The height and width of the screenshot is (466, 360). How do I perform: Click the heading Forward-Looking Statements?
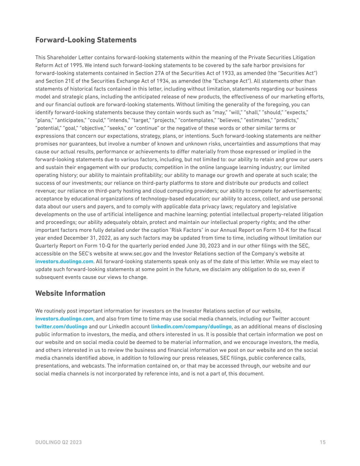pyautogui.click(x=86, y=40)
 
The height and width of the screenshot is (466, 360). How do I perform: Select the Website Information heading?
pyautogui.click(x=70, y=293)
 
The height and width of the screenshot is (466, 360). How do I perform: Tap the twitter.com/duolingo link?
pyautogui.click(x=61, y=326)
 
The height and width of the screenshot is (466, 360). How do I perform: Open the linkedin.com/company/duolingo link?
pyautogui.click(x=191, y=326)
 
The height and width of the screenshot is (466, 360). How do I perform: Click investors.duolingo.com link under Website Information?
pyautogui.click(x=64, y=319)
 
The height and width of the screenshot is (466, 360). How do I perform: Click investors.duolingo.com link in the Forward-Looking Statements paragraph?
pyautogui.click(x=64, y=261)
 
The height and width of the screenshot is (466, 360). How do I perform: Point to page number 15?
pyautogui.click(x=322, y=442)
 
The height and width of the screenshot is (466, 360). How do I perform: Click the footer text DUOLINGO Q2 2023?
pyautogui.click(x=58, y=442)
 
